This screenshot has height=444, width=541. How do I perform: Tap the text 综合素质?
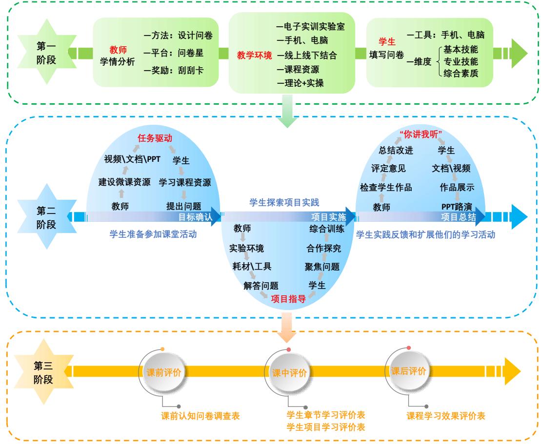(461, 73)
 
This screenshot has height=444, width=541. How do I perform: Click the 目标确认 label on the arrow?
(195, 217)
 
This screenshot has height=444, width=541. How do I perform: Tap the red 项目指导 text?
(288, 299)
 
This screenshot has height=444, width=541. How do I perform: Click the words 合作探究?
(324, 248)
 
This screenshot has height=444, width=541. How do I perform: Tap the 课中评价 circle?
(289, 373)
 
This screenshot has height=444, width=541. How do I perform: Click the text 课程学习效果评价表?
(446, 417)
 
